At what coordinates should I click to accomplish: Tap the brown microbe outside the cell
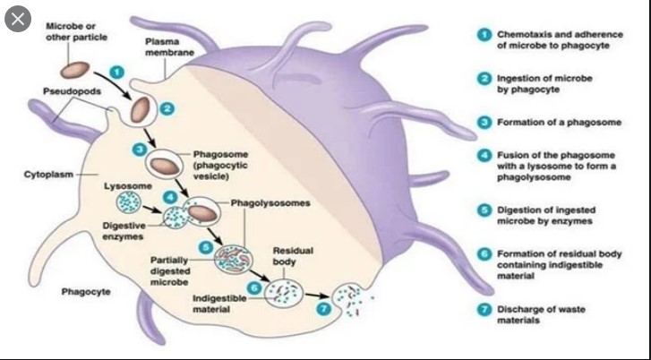pyautogui.click(x=75, y=68)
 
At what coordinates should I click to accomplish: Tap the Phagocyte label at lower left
pyautogui.click(x=85, y=292)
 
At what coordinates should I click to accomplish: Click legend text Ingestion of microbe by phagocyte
pyautogui.click(x=539, y=83)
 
